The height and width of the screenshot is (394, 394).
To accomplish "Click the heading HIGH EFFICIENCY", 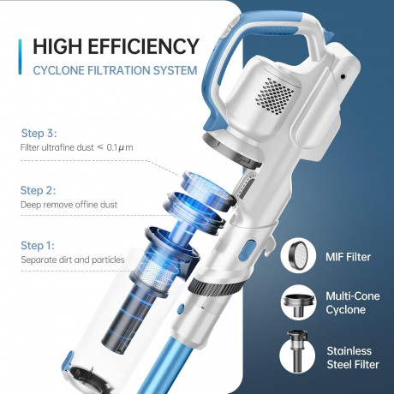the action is click(116, 46).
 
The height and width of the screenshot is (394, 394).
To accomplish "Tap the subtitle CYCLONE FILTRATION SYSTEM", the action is click(115, 70).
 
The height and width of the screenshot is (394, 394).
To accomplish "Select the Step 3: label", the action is click(39, 134).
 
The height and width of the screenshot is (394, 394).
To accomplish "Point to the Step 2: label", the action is click(38, 190).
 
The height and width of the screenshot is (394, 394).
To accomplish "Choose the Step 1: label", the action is click(38, 246).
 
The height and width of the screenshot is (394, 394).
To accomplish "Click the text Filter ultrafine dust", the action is click(57, 147).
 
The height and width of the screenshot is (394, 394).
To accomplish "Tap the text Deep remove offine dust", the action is click(69, 205).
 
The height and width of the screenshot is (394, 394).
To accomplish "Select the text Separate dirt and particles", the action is click(73, 260).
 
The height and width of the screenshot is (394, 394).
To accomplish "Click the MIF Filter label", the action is click(348, 257).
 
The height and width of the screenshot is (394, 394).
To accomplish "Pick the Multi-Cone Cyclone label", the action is click(353, 303).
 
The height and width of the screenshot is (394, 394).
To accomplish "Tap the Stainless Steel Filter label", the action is click(353, 358).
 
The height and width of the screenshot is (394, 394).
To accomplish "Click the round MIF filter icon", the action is click(298, 255).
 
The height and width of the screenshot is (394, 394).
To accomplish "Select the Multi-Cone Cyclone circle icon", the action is click(298, 302).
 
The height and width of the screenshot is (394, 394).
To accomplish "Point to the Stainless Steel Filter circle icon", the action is click(297, 352).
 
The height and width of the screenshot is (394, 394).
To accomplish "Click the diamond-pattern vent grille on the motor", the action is click(274, 96).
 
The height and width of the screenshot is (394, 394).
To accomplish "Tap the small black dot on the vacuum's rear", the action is click(343, 76).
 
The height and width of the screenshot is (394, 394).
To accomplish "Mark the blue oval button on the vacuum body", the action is click(248, 250).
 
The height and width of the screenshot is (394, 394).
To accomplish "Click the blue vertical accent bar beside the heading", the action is click(20, 57).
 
